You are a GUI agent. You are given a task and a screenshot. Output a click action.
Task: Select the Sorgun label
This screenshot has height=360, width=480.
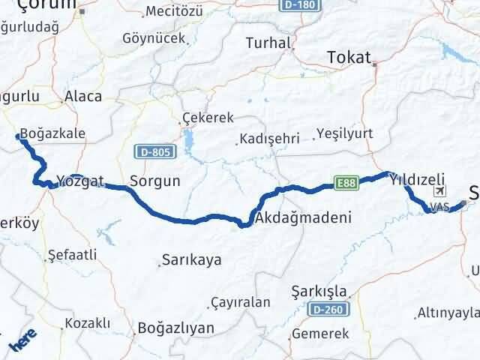pos(154,181)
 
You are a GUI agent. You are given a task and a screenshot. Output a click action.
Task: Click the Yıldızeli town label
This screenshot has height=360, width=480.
pos(416,178)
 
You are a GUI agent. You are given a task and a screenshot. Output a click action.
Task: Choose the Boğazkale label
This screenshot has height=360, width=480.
pos(52,134)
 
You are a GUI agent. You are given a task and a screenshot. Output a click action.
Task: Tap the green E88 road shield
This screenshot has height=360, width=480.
pos(346,182)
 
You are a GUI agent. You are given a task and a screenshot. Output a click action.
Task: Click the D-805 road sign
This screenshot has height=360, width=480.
pos(155,152)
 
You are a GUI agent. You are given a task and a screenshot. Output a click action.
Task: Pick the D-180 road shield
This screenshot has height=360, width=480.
pos(301,4)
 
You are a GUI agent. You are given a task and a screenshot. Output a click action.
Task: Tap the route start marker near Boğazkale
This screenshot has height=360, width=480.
pos(18,136)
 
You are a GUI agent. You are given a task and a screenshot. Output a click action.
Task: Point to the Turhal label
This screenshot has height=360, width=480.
pos(267,43)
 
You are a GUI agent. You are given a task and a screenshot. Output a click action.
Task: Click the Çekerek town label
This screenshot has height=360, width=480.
pos(208,118)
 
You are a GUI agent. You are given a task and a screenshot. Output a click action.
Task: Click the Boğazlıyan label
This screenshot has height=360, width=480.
pos(176,328)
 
